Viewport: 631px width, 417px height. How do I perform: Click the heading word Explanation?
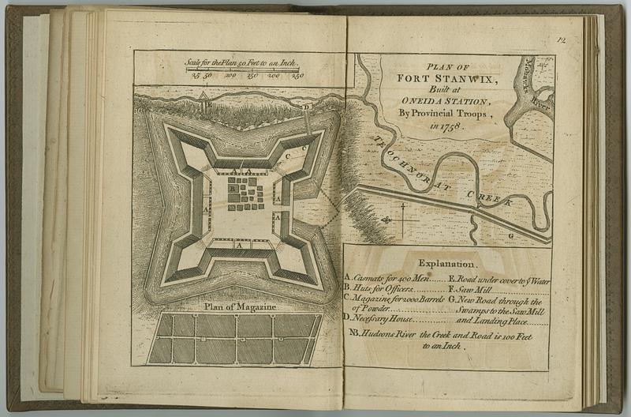point(446,263)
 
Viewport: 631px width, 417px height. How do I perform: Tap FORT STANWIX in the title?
point(446,79)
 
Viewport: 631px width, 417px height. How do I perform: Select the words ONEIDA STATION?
point(446,102)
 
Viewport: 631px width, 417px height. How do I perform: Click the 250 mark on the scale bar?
point(297,77)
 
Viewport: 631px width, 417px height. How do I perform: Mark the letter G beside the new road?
point(510,235)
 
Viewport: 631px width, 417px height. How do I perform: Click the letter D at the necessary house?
point(307,105)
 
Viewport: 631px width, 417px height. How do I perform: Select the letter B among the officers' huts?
point(232,190)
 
